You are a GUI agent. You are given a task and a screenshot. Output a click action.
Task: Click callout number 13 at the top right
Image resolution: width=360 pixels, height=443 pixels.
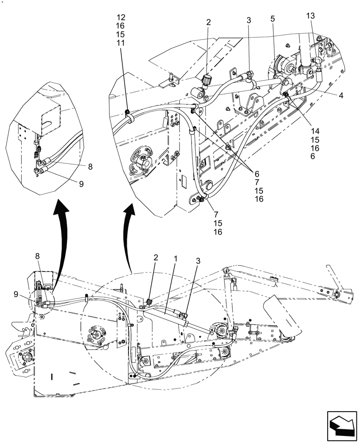point(310,16)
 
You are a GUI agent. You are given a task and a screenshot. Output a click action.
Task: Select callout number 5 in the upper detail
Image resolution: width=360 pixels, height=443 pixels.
point(272,19)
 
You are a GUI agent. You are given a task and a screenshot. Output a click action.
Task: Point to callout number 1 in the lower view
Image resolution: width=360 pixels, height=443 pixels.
point(176,257)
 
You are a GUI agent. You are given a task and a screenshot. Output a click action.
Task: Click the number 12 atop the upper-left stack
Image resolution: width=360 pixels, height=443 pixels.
point(121,18)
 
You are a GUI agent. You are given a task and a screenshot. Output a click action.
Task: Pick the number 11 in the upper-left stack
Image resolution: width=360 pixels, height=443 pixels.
point(121,43)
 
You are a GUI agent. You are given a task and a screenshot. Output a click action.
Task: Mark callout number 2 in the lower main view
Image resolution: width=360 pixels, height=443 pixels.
point(155,257)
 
